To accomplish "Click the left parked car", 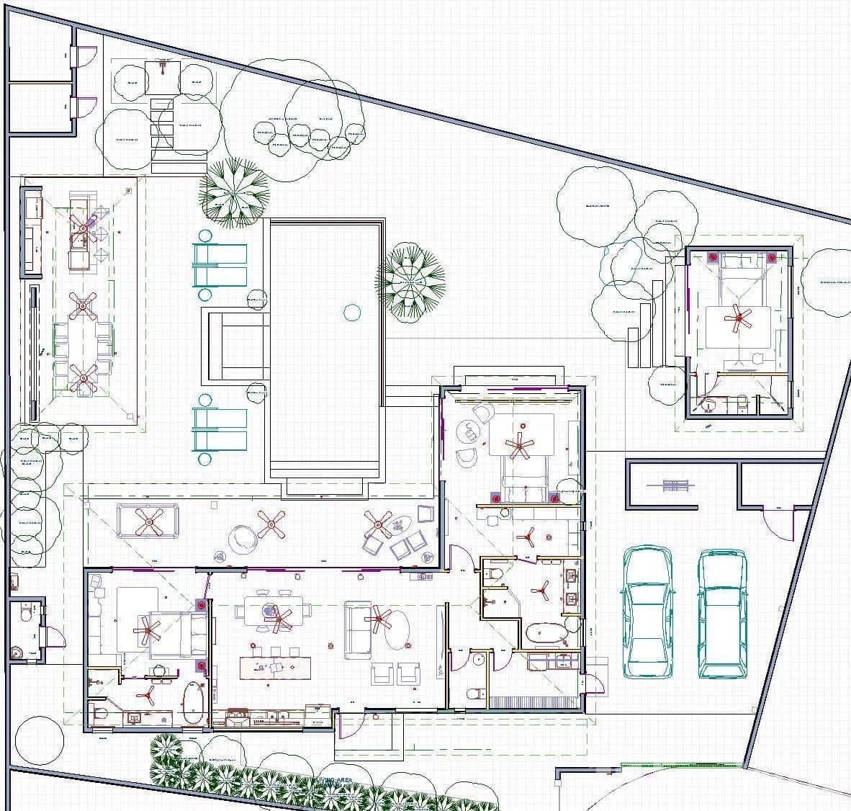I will pos(648,612).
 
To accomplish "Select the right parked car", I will pos(722,614).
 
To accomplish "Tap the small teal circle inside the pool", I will pos(351,312).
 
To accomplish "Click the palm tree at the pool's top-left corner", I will pos(233,192).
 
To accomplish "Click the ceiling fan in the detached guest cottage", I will pos(737,318).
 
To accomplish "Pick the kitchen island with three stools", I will pos(273,667).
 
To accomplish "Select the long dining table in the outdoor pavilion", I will pos(83,342).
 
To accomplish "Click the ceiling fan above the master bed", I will pos(518,447).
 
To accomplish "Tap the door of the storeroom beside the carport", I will pos(780,524).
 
